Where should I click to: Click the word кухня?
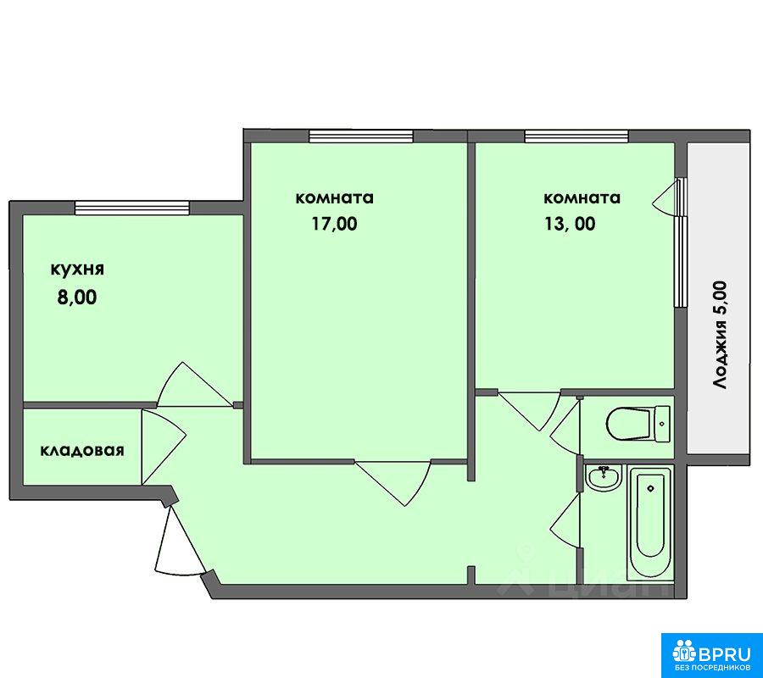click(x=77, y=270)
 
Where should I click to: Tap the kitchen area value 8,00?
click(x=77, y=297)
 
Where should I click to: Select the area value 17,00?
click(x=334, y=224)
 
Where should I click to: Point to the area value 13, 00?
click(x=571, y=224)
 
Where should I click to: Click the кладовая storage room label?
click(x=81, y=451)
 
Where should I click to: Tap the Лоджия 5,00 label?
click(x=719, y=335)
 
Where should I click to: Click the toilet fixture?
click(x=638, y=424)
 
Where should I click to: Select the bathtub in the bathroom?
click(x=650, y=523)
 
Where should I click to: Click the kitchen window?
click(x=132, y=208)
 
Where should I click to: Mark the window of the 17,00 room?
click(x=361, y=136)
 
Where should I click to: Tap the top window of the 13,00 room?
click(x=576, y=136)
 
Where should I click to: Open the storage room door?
click(x=164, y=447)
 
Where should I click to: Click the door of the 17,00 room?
click(x=393, y=482)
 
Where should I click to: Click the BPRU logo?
click(x=711, y=653)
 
